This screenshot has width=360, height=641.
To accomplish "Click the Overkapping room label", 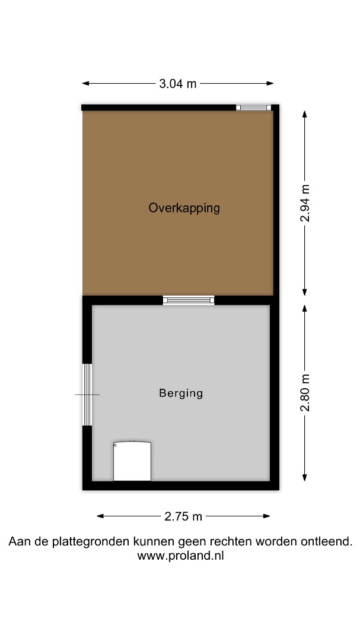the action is click(x=184, y=208).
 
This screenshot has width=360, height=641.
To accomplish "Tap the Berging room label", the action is click(x=181, y=394).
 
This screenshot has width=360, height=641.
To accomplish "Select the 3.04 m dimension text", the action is click(x=178, y=84).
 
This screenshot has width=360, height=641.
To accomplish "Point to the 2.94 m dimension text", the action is click(x=305, y=204).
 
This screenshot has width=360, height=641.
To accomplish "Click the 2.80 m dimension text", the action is click(x=305, y=392).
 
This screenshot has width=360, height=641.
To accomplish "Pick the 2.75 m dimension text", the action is click(x=183, y=516).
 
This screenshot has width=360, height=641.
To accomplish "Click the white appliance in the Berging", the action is click(x=132, y=461).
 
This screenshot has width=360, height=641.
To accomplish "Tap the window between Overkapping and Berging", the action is click(x=189, y=300).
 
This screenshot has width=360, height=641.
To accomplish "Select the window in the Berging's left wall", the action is click(x=87, y=395).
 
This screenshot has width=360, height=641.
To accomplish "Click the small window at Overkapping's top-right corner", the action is click(x=253, y=107).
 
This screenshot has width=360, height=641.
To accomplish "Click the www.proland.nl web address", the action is click(x=180, y=556).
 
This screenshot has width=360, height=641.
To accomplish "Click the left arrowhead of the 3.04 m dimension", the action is click(x=85, y=84).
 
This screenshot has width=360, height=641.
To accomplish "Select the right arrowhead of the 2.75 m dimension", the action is click(x=267, y=516).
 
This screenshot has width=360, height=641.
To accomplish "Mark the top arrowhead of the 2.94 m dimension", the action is click(x=305, y=113).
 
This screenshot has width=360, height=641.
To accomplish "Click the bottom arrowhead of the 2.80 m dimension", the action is click(x=305, y=477).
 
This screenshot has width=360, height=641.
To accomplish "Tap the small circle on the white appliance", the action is click(x=116, y=445).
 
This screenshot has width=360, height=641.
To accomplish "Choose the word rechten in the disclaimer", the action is click(x=231, y=542).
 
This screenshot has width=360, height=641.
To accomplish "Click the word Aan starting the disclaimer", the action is click(x=18, y=542).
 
